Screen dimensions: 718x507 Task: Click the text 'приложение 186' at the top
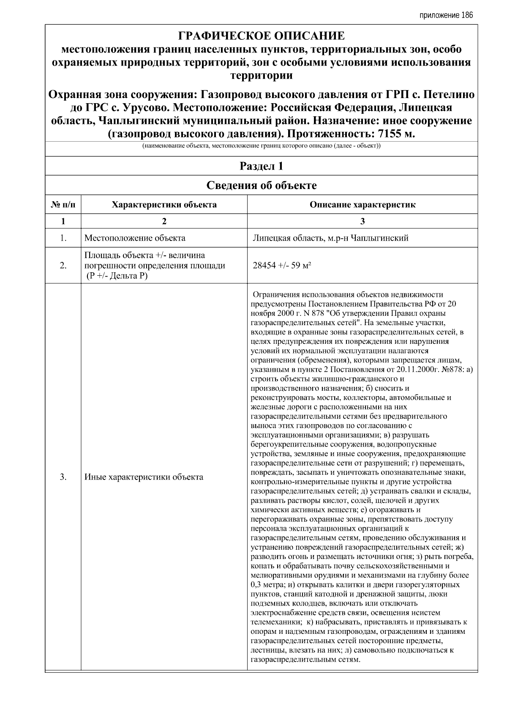click(446, 16)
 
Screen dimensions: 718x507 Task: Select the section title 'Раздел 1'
click(261, 166)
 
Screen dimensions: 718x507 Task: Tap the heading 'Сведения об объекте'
click(261, 186)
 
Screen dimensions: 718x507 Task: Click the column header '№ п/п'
click(63, 205)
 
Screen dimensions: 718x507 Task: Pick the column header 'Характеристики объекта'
click(164, 205)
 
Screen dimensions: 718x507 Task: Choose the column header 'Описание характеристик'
click(362, 205)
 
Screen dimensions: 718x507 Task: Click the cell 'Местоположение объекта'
click(135, 238)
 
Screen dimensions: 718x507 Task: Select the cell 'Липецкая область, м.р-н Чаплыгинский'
click(330, 238)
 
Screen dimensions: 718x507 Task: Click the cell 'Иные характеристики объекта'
click(144, 477)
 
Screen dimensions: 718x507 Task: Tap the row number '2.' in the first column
click(63, 266)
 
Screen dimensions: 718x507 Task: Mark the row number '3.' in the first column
click(63, 477)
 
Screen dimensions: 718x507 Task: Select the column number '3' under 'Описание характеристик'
click(362, 221)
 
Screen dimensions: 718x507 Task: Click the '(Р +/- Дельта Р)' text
click(117, 276)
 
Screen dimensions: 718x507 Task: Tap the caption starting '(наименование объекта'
click(261, 146)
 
